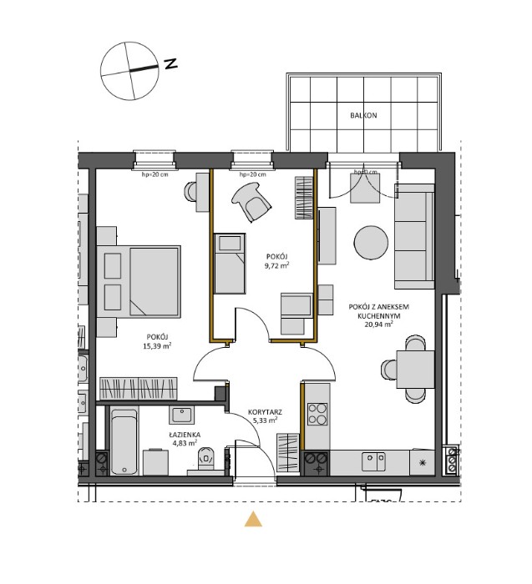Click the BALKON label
pos(363,116)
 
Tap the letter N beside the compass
pos(170,64)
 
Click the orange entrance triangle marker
pos(253,519)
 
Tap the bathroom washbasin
pos(181,415)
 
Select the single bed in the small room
pos(231,263)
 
